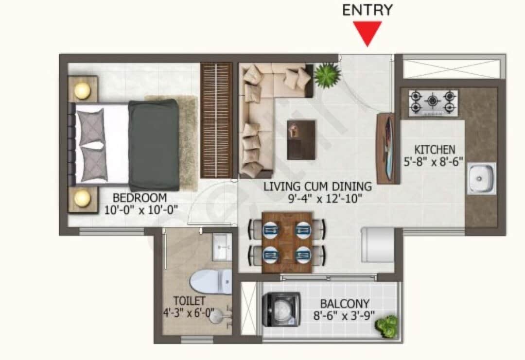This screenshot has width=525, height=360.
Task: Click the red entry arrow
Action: tap(367, 34)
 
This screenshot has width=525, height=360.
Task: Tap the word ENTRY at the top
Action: tap(367, 10)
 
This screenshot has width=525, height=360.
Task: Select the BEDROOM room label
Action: tap(140, 198)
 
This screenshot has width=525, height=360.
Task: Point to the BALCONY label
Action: tap(345, 304)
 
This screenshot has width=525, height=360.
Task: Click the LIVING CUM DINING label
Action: tap(317, 186)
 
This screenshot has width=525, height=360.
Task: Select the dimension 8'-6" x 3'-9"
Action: tap(345, 316)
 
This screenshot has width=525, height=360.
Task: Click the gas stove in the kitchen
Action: tap(433, 103)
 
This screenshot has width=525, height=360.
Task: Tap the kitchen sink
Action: tap(481, 178)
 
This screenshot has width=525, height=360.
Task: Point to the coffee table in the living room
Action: tap(301, 140)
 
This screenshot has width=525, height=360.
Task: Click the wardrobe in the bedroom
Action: tap(216, 120)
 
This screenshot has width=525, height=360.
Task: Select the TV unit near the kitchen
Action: tap(385, 148)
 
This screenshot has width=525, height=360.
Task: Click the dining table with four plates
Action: tap(287, 241)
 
